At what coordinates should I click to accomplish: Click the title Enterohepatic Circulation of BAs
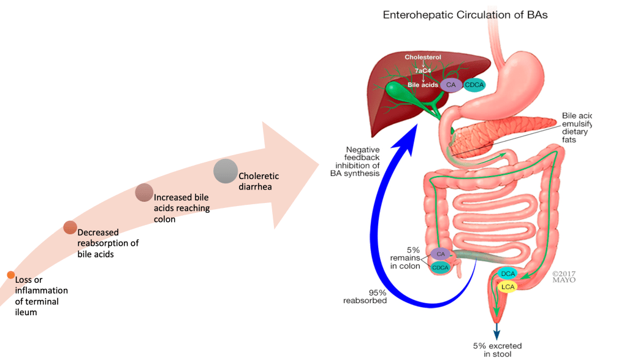click(465, 15)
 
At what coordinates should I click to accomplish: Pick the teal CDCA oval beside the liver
click(474, 86)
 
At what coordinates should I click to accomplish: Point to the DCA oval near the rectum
click(507, 274)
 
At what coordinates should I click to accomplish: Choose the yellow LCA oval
click(507, 286)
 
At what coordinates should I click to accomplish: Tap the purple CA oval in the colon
click(441, 253)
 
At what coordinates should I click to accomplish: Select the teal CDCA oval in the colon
click(441, 267)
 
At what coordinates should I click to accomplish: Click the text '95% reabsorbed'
click(369, 296)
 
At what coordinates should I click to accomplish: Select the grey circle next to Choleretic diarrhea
click(226, 170)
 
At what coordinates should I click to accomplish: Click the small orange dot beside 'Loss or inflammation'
click(10, 275)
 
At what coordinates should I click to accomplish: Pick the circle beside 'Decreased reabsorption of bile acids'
click(70, 228)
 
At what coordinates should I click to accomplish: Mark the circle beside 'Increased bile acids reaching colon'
click(144, 193)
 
